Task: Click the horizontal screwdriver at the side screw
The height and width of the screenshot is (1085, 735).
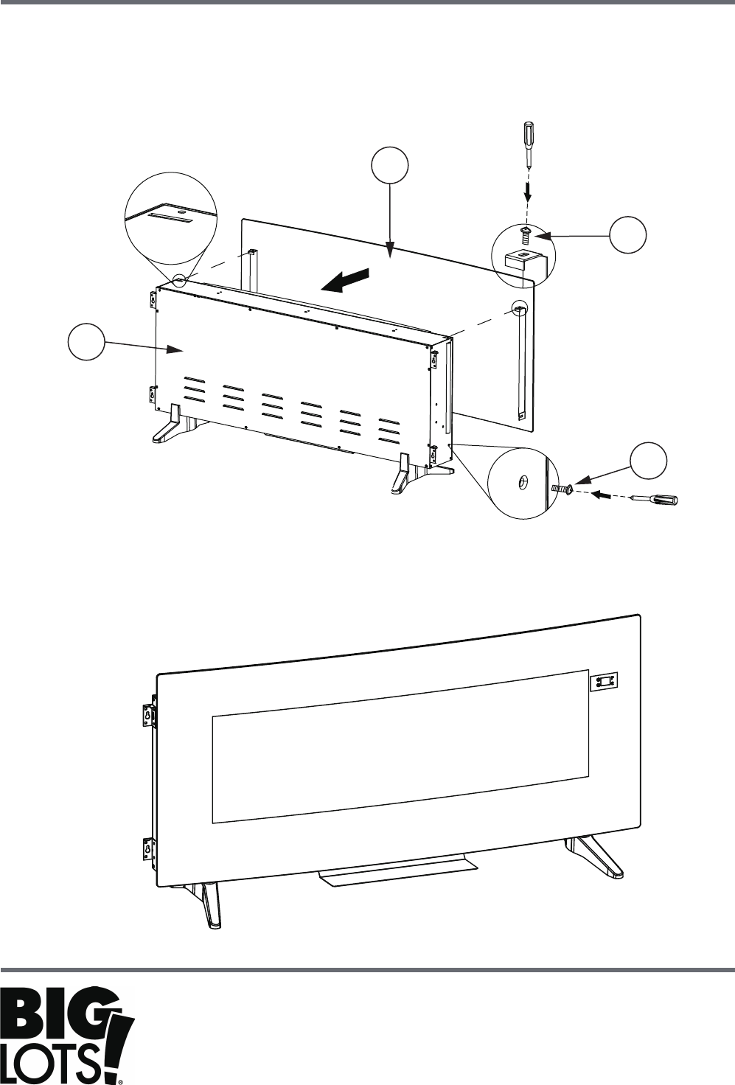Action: pos(655,499)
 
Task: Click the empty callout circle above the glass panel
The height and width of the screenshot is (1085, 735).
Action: pos(390,166)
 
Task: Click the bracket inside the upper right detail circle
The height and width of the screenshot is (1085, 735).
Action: pos(524,260)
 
